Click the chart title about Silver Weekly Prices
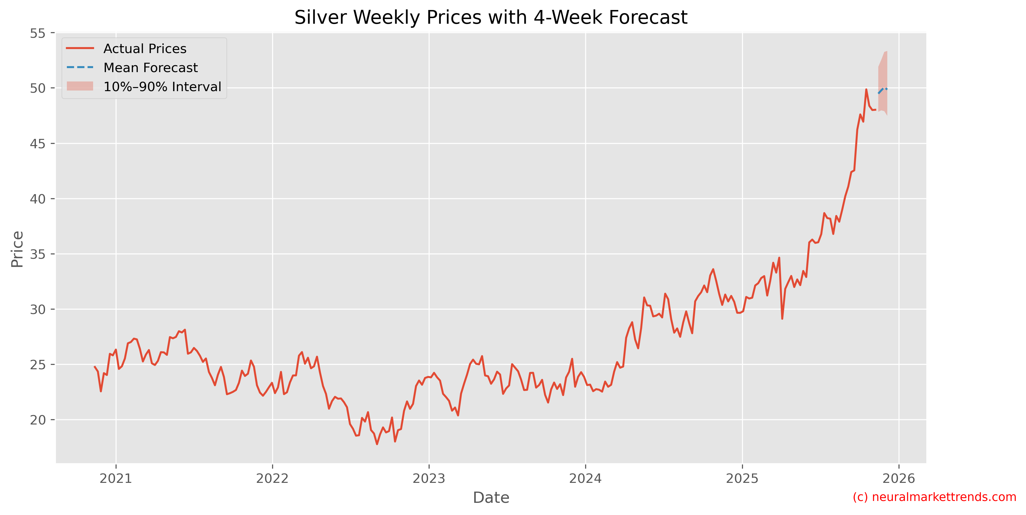[491, 17]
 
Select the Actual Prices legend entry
[145, 49]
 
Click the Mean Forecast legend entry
[150, 68]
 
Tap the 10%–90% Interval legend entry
[162, 87]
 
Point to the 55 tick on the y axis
[38, 33]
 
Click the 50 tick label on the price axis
[38, 88]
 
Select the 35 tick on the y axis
[38, 254]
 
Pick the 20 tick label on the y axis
[38, 420]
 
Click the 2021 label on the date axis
[116, 478]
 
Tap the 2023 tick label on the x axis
[429, 478]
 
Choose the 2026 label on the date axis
[899, 478]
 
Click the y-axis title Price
[17, 249]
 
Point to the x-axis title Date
[491, 498]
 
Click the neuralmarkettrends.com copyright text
[934, 497]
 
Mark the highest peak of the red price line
[866, 90]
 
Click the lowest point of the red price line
[377, 444]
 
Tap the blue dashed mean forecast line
[882, 90]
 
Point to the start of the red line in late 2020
[95, 366]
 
